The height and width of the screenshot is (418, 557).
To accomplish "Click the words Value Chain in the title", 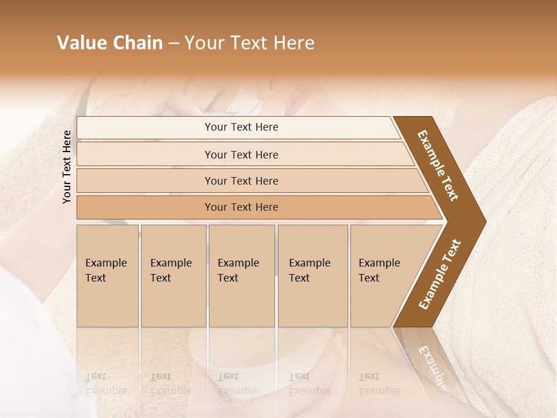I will (x=110, y=43).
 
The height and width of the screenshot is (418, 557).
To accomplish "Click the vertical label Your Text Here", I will (x=67, y=167).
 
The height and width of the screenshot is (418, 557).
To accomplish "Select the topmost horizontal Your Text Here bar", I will (x=238, y=128).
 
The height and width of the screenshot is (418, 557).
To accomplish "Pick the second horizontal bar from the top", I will (x=244, y=154).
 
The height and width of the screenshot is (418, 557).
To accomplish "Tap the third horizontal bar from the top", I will (x=249, y=181).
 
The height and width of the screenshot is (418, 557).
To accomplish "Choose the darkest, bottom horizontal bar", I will (x=255, y=207).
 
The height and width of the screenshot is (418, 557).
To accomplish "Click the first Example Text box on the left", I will (x=107, y=276).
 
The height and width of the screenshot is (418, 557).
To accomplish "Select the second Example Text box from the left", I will (x=173, y=276).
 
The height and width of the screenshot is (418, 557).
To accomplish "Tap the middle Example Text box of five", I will (x=241, y=276).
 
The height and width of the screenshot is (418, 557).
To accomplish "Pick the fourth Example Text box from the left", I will (x=313, y=276).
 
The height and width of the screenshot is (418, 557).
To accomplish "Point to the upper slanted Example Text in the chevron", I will (x=438, y=165).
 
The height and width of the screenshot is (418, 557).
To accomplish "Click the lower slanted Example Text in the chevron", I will (x=439, y=274).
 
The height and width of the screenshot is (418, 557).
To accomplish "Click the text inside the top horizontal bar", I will (x=241, y=127).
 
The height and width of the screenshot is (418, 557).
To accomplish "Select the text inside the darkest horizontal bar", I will (x=241, y=207).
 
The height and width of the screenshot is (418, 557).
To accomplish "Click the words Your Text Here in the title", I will (x=249, y=43).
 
